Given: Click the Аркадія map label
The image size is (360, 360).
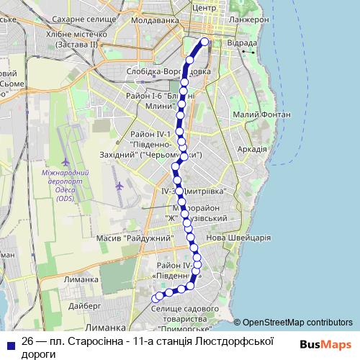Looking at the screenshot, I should [251, 149].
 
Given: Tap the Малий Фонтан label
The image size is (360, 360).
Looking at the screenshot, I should [262, 114].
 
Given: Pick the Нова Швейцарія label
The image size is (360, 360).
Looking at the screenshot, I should [238, 238].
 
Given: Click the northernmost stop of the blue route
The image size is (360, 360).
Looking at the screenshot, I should [204, 42].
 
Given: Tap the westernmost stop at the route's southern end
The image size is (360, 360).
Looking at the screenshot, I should [156, 297].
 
